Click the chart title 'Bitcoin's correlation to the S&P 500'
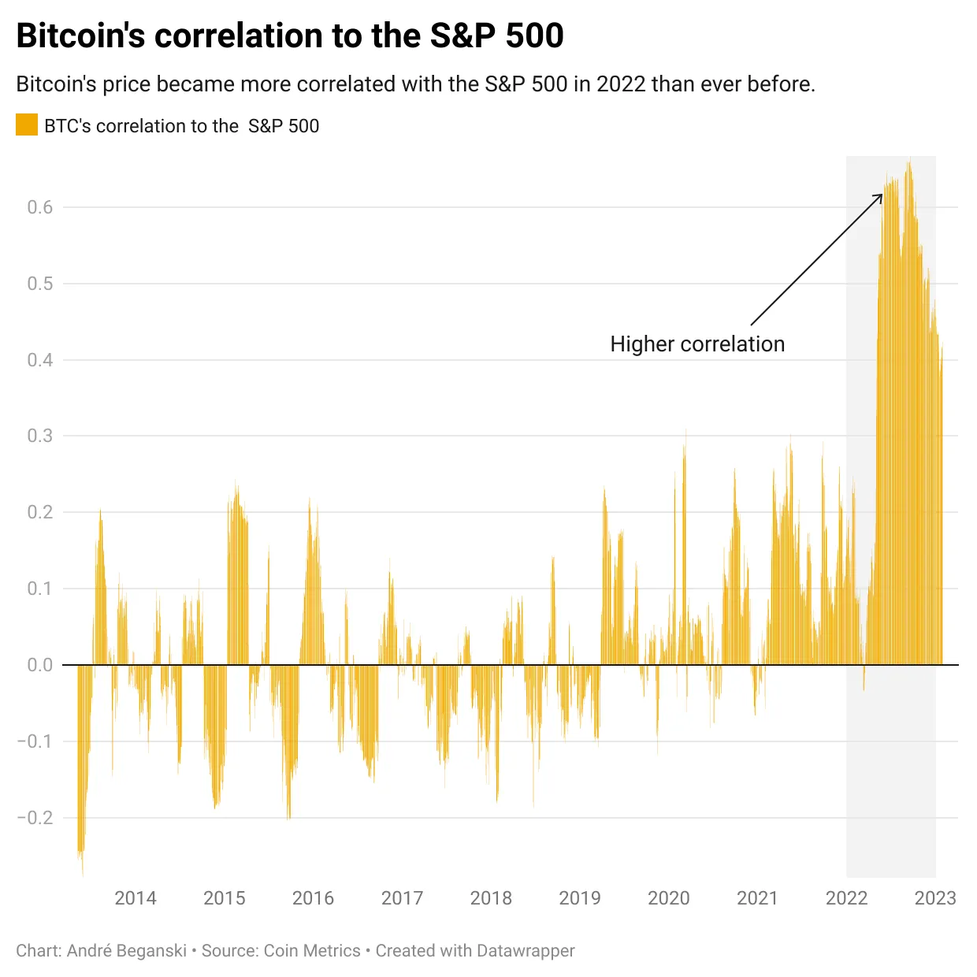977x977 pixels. point(290,36)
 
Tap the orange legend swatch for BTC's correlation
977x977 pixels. point(27,125)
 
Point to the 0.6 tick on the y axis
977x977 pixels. point(40,207)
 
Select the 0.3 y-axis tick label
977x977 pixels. point(40,436)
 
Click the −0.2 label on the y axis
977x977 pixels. point(35,817)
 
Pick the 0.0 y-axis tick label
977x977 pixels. point(40,665)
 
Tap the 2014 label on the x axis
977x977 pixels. point(136,898)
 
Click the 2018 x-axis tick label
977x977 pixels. point(491,898)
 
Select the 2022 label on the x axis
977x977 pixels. point(846,898)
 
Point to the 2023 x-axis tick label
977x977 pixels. point(935,898)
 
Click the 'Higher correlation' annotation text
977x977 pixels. point(697,344)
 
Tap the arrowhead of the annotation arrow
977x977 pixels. point(880,196)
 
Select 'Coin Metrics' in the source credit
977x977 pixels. point(312,951)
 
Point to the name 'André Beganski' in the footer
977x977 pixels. point(127,951)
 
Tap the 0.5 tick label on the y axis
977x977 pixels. point(40,284)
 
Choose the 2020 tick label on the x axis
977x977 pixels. point(668,898)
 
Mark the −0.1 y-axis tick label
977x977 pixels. point(35,741)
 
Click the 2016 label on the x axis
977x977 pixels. point(313,898)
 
